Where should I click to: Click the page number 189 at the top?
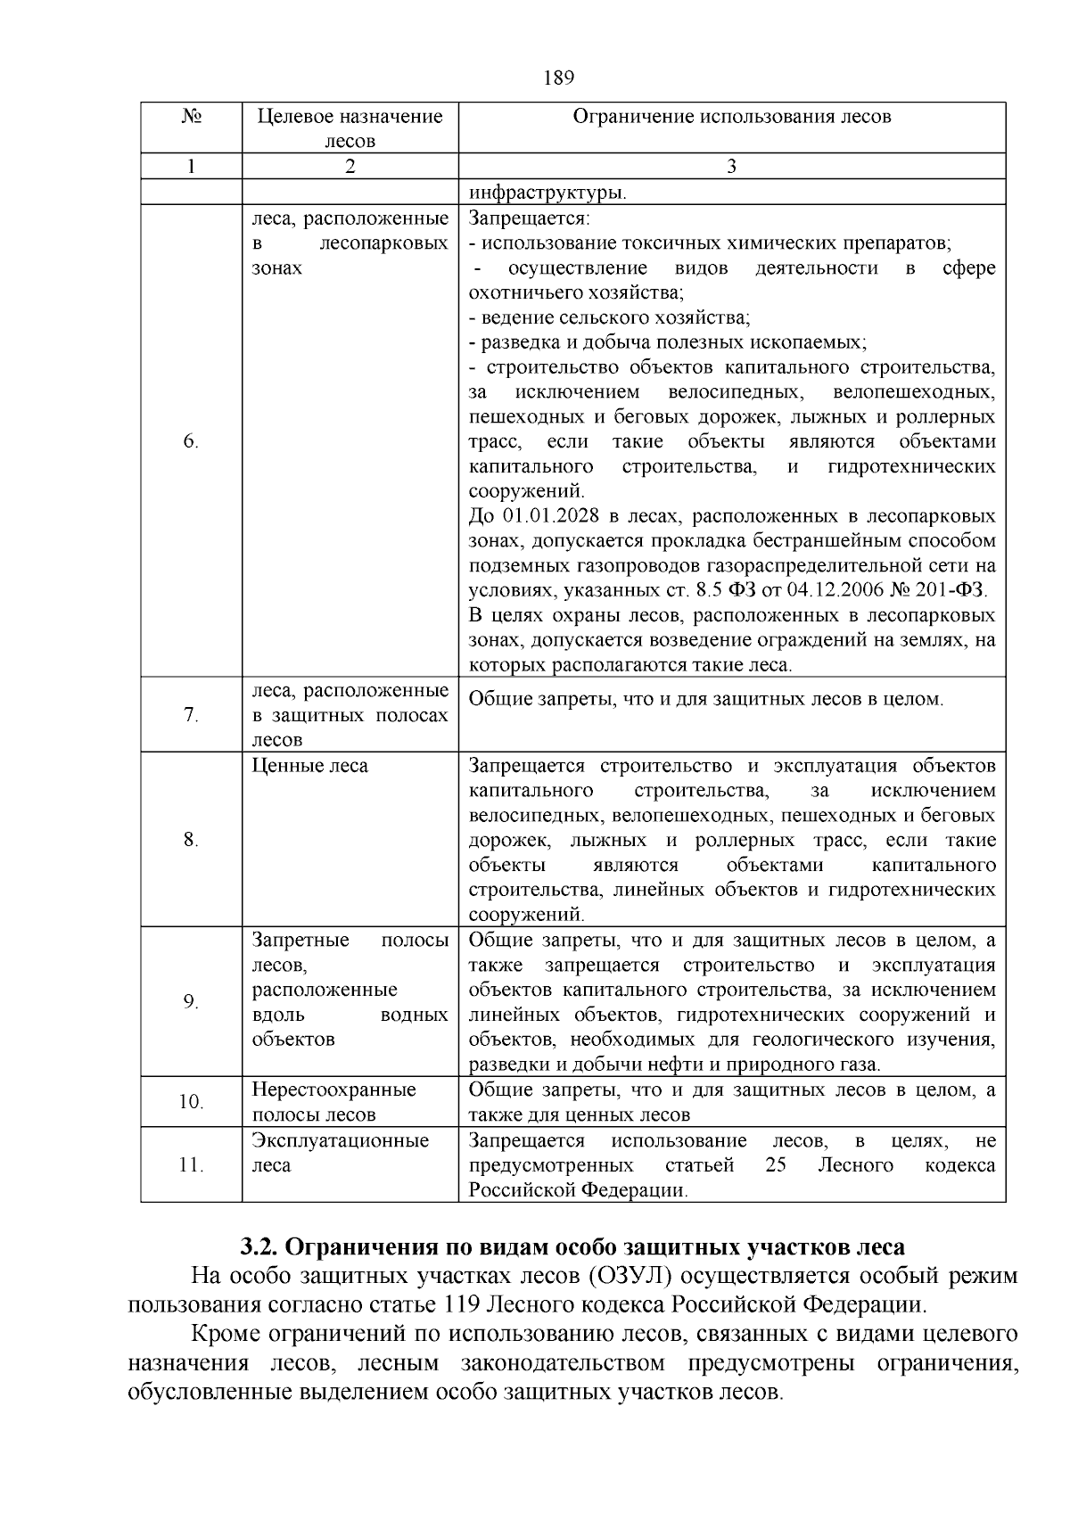click(558, 78)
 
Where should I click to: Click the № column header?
click(191, 117)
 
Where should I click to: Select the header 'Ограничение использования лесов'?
click(731, 117)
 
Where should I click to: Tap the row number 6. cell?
click(191, 442)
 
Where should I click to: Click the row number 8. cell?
click(191, 840)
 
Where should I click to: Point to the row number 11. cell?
click(191, 1165)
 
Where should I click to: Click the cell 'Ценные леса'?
click(309, 766)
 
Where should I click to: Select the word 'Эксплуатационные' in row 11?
click(340, 1140)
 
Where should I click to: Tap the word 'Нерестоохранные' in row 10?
click(333, 1090)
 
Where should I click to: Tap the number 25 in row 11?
click(775, 1165)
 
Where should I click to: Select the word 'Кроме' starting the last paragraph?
click(226, 1335)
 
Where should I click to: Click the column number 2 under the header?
click(350, 167)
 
